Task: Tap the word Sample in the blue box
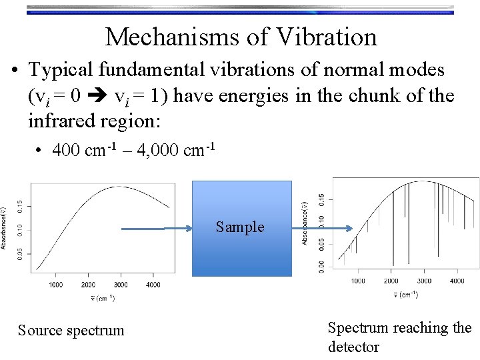[240, 227]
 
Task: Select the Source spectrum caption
[71, 330]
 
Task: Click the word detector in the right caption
[353, 347]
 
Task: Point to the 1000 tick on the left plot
[56, 285]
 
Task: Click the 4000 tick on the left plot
[153, 285]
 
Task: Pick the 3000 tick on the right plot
[423, 281]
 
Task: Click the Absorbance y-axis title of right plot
[306, 221]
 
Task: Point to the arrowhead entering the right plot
[347, 229]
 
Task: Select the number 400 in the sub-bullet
[66, 151]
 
